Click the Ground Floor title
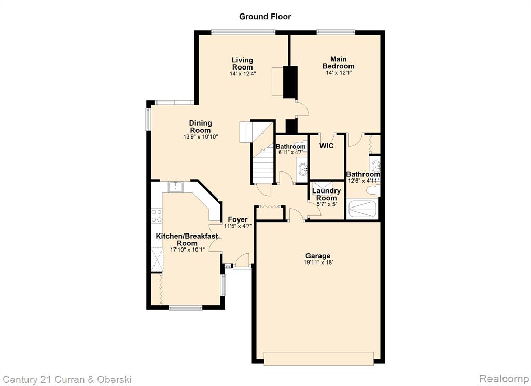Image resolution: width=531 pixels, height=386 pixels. coord(265,17)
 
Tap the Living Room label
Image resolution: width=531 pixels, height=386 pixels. coord(243,63)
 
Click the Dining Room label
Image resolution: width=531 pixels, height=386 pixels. coord(201,127)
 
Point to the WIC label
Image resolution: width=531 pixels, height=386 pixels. coord(327,146)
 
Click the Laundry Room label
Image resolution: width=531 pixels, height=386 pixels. coord(327,194)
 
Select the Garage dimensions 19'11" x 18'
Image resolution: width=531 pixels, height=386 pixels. coord(318,263)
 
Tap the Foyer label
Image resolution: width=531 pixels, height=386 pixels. coord(237,219)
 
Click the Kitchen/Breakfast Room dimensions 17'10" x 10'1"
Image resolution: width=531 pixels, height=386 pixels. coord(187,250)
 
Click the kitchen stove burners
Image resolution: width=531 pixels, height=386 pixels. coord(157,215)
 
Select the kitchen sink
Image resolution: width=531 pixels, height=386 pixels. coord(175,187)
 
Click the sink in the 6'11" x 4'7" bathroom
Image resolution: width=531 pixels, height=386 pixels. coord(303,168)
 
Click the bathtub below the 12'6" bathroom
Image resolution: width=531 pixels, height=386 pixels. coord(362,210)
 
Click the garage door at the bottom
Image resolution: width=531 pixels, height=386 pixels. coord(319,359)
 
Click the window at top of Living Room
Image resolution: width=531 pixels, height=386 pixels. coord(243,32)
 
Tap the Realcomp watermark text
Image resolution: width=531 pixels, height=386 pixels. coord(504,378)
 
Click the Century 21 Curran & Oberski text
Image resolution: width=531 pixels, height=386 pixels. coord(67,379)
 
